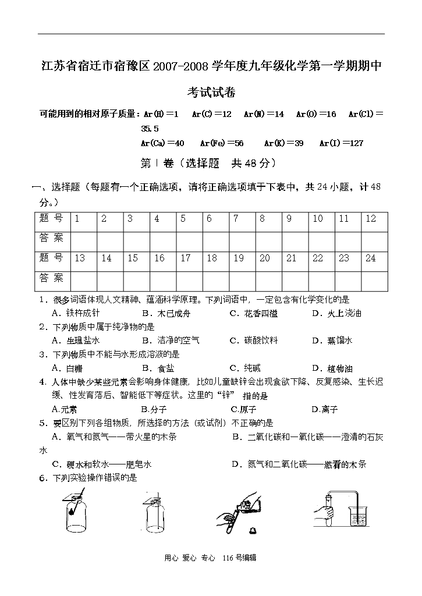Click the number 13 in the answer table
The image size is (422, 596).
[79, 258]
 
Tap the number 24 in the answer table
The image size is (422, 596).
[370, 258]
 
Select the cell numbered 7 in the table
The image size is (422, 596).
[236, 219]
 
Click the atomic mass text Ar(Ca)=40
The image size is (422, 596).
[162, 143]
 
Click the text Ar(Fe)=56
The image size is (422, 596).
[222, 143]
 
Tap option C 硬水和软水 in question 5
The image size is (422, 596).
[102, 464]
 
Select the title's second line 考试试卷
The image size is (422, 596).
[211, 93]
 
